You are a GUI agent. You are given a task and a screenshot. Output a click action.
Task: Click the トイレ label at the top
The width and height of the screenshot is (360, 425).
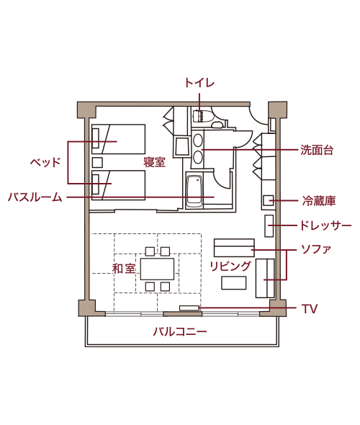tap(199, 83)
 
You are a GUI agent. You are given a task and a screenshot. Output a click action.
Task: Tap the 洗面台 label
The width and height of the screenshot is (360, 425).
tap(317, 150)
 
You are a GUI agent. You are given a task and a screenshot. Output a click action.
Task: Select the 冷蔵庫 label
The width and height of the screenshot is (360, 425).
tap(319, 201)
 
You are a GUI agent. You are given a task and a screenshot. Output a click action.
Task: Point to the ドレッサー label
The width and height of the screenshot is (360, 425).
tap(325, 225)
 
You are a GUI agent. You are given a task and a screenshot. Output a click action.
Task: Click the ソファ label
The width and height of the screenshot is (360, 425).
tap(316, 249)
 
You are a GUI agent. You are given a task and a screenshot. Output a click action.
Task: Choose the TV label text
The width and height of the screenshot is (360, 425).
tap(310, 309)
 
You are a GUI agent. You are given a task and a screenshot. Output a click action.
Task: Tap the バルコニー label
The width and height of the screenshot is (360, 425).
tap(180, 331)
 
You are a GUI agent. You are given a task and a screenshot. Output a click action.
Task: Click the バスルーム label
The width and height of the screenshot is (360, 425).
tap(35, 197)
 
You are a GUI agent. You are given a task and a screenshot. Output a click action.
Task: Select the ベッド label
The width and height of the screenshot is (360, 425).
tap(45, 162)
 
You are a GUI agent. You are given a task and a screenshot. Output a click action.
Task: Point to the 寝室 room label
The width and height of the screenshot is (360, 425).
tap(154, 162)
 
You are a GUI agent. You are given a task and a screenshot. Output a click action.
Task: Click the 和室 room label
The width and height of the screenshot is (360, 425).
tap(124, 269)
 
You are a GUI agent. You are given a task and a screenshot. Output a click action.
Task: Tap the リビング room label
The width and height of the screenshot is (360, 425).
tap(230, 267)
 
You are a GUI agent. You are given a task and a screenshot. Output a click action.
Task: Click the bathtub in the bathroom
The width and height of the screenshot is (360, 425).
tap(194, 192)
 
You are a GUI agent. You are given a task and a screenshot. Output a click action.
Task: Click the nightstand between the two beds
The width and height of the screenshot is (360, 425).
tap(97, 162)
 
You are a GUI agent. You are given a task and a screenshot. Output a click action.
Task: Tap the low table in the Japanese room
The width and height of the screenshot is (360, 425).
tap(157, 269)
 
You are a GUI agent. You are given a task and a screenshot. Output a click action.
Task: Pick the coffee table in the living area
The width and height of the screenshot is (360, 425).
tap(234, 282)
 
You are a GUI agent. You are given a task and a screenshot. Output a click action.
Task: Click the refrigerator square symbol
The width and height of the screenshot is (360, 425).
tap(268, 200)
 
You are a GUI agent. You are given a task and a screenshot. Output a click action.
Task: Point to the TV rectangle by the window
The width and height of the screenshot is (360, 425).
tap(189, 308)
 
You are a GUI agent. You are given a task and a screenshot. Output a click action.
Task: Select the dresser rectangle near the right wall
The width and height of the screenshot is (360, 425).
tap(269, 225)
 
